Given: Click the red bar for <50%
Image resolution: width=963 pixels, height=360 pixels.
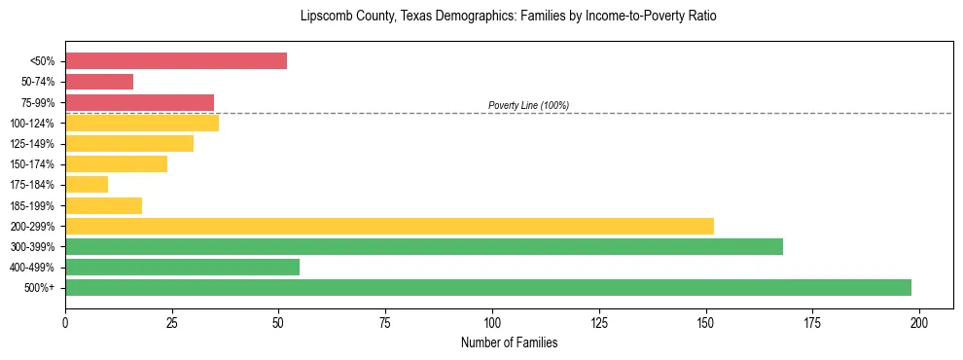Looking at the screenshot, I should point(176,61).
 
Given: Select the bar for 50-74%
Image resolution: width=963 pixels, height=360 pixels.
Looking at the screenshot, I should point(99,82).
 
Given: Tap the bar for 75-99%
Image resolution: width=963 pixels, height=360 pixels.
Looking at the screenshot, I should point(139,102).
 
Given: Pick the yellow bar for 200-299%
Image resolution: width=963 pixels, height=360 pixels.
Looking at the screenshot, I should point(389,226).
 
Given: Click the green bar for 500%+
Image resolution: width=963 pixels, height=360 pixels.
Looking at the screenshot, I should point(487,287).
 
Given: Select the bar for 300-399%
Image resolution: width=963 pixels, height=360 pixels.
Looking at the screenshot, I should point(424,246).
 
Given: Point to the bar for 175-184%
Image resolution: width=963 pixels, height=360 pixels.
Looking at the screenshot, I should point(87,185).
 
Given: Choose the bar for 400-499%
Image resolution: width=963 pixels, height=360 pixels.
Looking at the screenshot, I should point(182,267).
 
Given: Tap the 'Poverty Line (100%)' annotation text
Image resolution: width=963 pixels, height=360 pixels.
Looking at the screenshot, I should point(528,105).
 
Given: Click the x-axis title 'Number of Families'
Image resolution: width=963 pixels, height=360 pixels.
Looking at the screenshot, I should point(509,342).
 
